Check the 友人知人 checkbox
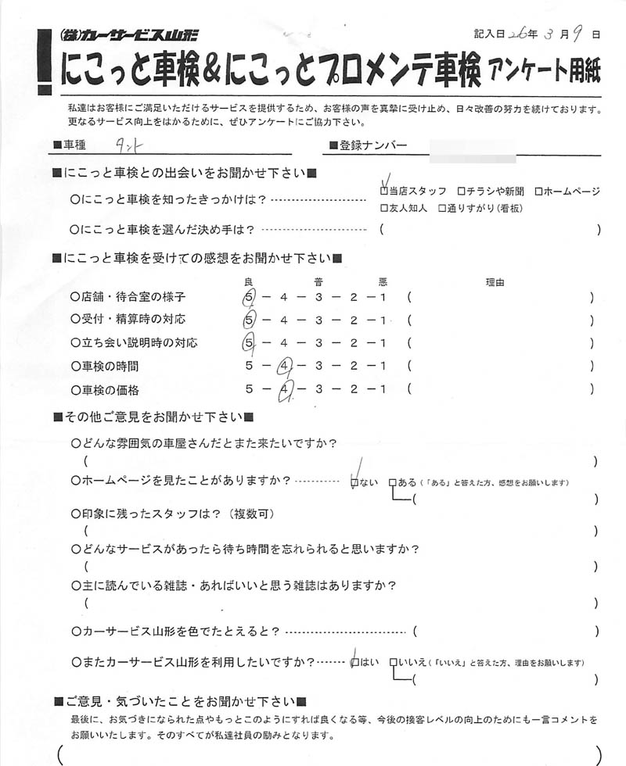point(383,209)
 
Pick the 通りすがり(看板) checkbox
point(442,209)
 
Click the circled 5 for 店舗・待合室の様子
point(250,298)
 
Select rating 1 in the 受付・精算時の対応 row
point(383,320)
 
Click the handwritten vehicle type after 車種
point(126,145)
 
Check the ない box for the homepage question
point(354,483)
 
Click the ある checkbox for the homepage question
point(393,483)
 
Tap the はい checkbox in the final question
point(355,662)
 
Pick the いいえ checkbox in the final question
point(393,662)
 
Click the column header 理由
point(495,282)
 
